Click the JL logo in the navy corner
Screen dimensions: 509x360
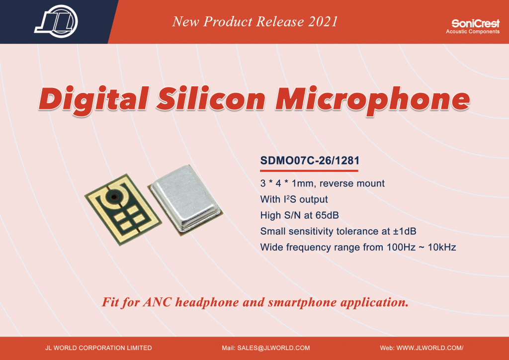[56, 21]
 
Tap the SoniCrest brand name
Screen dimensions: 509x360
[476, 23]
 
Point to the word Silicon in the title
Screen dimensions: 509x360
[211, 98]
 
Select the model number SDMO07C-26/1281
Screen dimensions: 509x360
[310, 161]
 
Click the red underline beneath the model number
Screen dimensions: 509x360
[309, 171]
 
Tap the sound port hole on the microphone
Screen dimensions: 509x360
[114, 197]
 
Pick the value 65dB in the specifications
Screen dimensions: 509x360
[327, 215]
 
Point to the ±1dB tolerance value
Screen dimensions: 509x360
[405, 231]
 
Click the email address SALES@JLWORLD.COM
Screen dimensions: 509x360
[273, 348]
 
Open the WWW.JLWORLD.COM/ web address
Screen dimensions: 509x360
[430, 348]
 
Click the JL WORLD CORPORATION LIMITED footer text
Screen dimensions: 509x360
[98, 348]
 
